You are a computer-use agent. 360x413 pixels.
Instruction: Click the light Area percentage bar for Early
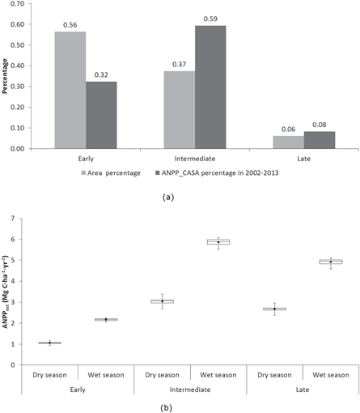[70, 90]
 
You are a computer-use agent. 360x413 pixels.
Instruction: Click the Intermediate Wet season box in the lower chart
[218, 241]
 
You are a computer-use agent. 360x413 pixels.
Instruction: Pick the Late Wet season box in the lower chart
[331, 262]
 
